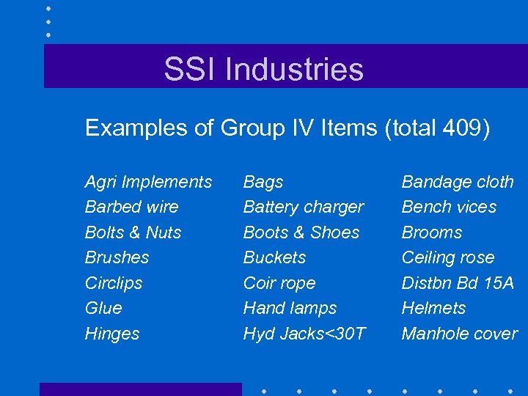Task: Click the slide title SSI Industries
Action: (263, 70)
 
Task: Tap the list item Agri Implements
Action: (148, 182)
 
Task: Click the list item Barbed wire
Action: (131, 207)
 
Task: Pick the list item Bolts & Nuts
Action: (133, 232)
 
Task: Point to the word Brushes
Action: (117, 257)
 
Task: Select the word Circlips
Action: (114, 283)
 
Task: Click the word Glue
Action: (103, 308)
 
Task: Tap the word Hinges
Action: (112, 334)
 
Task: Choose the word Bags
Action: (263, 182)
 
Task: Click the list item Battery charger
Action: (303, 207)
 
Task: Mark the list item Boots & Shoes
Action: (301, 232)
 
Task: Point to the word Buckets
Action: (274, 257)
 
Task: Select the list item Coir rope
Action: (279, 283)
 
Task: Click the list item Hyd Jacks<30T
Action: (304, 334)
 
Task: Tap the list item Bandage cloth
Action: (458, 182)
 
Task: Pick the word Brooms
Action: (432, 232)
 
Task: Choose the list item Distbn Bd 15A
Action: (458, 283)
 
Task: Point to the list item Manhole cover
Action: (459, 334)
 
